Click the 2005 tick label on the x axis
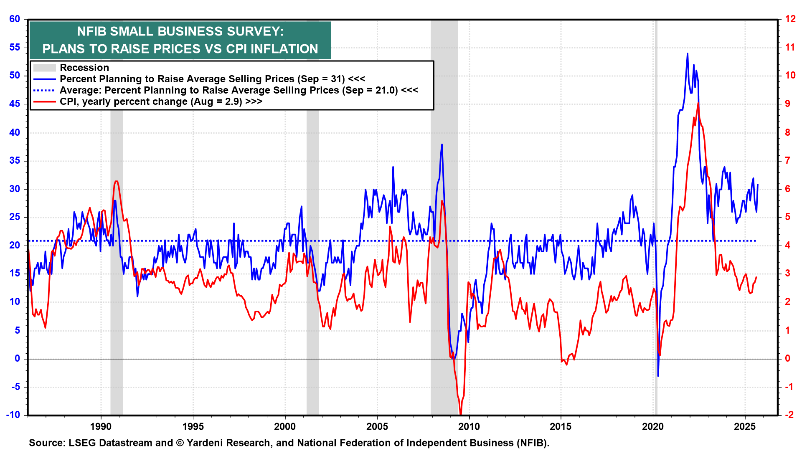click(377, 426)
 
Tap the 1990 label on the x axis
click(101, 426)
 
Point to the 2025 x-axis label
click(745, 426)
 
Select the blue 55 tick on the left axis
click(15, 47)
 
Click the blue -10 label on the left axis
click(13, 415)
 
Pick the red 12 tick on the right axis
click(790, 19)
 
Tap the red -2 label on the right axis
click(789, 415)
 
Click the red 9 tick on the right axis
click(788, 104)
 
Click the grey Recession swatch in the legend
click(44, 68)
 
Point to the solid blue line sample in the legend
click(44, 79)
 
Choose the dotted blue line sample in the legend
click(44, 90)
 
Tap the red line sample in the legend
click(44, 101)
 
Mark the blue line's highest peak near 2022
click(687, 54)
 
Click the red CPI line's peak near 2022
click(698, 104)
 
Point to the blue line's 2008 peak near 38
click(442, 144)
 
